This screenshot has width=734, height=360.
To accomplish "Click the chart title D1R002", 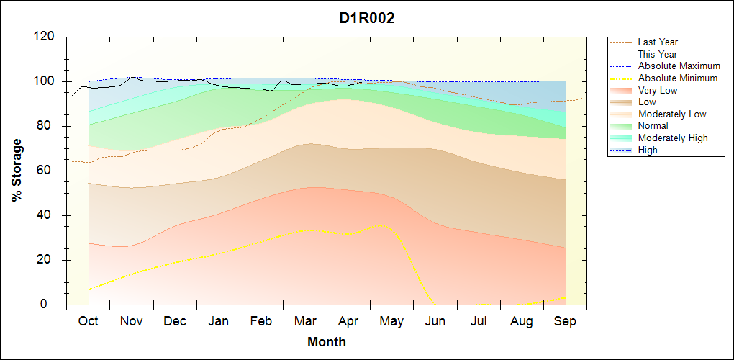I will (x=367, y=19).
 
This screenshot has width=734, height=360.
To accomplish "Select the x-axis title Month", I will (x=326, y=342).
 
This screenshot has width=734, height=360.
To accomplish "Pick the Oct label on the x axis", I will (x=88, y=321).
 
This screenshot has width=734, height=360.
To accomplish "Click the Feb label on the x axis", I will (x=261, y=321).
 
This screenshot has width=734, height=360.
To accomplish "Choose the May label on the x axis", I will (x=391, y=321).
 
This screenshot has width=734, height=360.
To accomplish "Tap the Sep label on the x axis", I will (x=565, y=321).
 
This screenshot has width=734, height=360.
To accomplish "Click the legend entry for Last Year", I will (x=657, y=42).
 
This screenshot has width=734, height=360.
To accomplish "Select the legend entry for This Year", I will (x=657, y=54).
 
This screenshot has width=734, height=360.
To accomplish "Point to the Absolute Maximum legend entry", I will (x=679, y=66).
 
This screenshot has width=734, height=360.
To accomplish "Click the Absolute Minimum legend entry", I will (x=677, y=78).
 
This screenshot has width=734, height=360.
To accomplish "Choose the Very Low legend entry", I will (x=657, y=90).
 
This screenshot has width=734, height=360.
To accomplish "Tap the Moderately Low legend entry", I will (x=671, y=114).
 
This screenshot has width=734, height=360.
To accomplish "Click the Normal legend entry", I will (x=653, y=126).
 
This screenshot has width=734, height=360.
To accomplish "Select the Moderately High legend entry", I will (x=672, y=138).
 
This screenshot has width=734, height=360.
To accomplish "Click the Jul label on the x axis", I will (x=479, y=321).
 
